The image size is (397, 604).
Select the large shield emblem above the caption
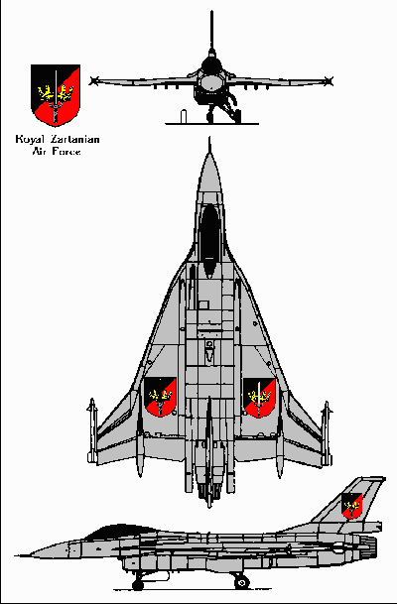[x=56, y=95]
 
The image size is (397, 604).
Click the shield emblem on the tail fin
[x=351, y=506]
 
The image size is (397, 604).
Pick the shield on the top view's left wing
[x=160, y=397]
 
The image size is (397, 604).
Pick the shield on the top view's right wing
[x=259, y=398]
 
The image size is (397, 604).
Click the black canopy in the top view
[x=210, y=240]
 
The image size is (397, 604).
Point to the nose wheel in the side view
[x=138, y=585]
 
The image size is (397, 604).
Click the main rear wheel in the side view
[x=241, y=581]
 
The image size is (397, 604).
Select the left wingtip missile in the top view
[x=92, y=430]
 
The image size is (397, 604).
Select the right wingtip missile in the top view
[x=327, y=433]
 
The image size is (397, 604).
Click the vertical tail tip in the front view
[x=211, y=12]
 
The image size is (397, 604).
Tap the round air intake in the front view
[x=210, y=81]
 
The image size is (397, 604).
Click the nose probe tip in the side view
[x=16, y=555]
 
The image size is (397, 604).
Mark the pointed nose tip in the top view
[x=209, y=138]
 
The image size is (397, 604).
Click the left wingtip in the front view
[x=92, y=81]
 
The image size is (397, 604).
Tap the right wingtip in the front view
[x=329, y=81]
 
